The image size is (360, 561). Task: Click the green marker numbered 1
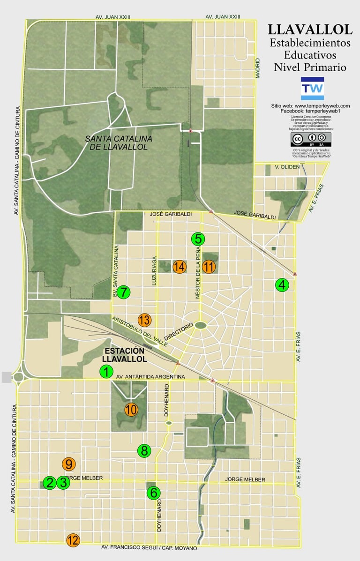pyautogui.click(x=106, y=372)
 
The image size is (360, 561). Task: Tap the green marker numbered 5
pyautogui.click(x=198, y=239)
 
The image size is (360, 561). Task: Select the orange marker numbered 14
pyautogui.click(x=179, y=267)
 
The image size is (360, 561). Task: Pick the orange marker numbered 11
pyautogui.click(x=209, y=267)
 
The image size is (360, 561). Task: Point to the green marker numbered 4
pyautogui.click(x=282, y=284)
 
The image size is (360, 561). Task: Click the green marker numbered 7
pyautogui.click(x=123, y=292)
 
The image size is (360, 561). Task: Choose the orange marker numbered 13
pyautogui.click(x=144, y=320)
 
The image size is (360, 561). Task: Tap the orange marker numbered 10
pyautogui.click(x=131, y=410)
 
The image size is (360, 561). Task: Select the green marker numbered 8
pyautogui.click(x=144, y=451)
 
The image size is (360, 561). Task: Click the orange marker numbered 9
pyautogui.click(x=69, y=464)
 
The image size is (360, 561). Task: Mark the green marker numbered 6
pyautogui.click(x=153, y=493)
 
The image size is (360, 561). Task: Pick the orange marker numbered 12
pyautogui.click(x=73, y=540)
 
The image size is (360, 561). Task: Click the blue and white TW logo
pyautogui.click(x=312, y=89)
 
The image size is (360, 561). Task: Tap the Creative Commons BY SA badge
pyautogui.click(x=311, y=139)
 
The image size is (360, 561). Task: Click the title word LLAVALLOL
pyautogui.click(x=310, y=30)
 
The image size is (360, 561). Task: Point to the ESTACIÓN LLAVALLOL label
pyautogui.click(x=124, y=355)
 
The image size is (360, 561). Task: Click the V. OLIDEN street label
pyautogui.click(x=287, y=167)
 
